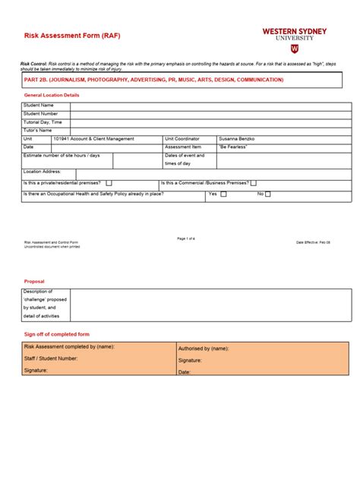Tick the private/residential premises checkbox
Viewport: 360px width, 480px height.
coord(109,183)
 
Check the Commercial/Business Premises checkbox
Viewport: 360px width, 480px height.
coord(254,183)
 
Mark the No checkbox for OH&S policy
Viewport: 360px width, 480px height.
coord(267,194)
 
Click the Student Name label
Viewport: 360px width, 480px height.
coord(39,105)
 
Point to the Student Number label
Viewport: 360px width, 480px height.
coord(41,113)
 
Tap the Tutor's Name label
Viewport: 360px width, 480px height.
coord(38,131)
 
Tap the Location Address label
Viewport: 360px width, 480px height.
coord(43,172)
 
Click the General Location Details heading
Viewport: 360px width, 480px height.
coord(52,95)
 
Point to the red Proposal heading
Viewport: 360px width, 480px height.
coord(34,281)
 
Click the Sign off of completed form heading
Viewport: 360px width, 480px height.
coord(57,334)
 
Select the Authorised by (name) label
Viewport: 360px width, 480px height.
coord(204,349)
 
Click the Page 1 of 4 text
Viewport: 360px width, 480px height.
coord(186,238)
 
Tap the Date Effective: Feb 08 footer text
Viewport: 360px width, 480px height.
coord(313,242)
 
